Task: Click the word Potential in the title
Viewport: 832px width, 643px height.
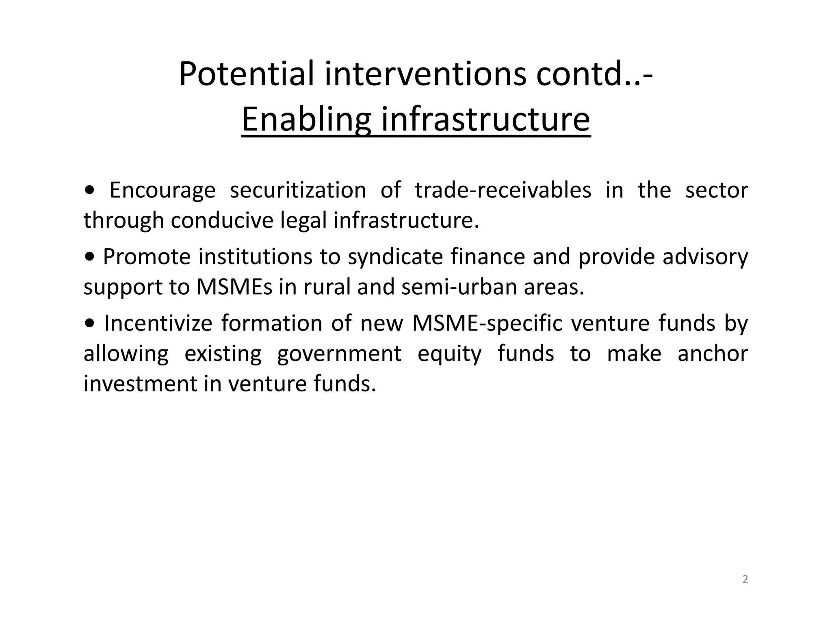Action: point(247,74)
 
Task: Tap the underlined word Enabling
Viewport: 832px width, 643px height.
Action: point(306,119)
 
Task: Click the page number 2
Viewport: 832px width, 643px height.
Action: point(745,580)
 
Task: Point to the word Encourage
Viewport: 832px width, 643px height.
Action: point(162,190)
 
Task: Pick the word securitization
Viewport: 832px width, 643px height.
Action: point(298,190)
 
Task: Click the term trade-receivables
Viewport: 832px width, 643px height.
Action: point(503,190)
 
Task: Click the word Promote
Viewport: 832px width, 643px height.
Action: point(147,257)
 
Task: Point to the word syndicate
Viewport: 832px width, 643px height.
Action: point(395,257)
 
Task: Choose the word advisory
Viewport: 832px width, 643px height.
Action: point(705,257)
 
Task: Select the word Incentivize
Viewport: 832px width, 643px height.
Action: point(158,324)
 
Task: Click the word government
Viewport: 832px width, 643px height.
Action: point(339,354)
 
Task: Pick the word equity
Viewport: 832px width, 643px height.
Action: point(449,354)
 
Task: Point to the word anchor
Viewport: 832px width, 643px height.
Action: point(713,354)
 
